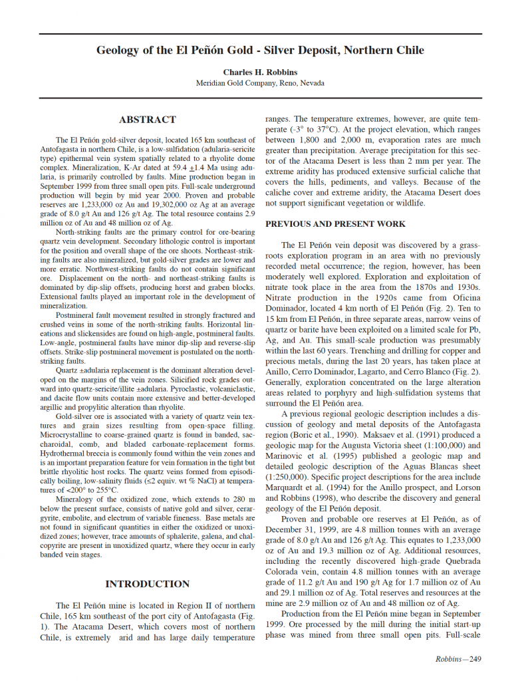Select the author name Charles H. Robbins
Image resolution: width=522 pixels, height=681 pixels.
click(x=261, y=72)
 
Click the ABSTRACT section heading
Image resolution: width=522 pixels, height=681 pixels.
click(x=148, y=120)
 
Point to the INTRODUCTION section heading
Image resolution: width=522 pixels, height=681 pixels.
click(x=148, y=584)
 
